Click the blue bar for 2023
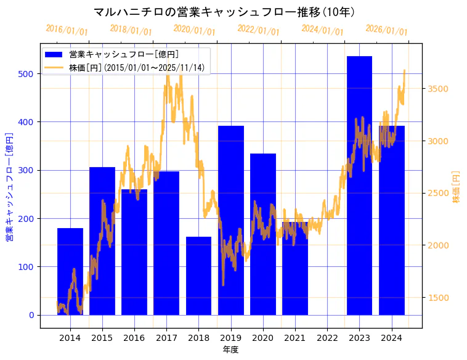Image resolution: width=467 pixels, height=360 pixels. click(359, 185)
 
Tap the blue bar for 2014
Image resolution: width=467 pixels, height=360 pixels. click(70, 271)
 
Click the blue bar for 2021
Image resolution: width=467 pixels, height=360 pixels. click(295, 268)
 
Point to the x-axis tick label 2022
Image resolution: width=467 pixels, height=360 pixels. click(327, 337)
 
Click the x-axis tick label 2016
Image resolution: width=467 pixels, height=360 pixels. click(134, 337)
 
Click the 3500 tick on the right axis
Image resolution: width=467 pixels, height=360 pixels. click(438, 89)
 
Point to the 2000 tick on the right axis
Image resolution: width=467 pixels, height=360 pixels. click(438, 245)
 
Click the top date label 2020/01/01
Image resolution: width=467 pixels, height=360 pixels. click(194, 30)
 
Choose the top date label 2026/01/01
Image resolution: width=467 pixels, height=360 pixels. click(386, 30)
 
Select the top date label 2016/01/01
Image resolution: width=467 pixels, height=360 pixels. click(67, 30)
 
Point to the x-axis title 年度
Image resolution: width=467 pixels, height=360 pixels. click(230, 350)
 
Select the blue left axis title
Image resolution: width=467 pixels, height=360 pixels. click(9, 187)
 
